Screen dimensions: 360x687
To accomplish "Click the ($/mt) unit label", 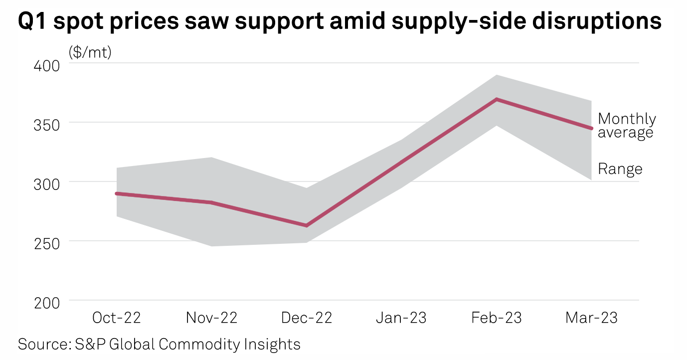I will point(90,52).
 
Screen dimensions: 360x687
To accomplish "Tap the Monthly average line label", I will point(626,126).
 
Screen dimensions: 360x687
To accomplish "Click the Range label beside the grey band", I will point(620,169).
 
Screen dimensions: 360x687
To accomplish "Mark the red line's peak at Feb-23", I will point(497,99).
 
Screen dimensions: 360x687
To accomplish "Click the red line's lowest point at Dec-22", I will point(307,226).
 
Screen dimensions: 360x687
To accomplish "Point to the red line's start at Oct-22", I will point(117,193).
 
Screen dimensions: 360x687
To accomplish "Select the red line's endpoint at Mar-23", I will point(591,128).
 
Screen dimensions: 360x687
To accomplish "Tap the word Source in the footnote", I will point(39,344).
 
